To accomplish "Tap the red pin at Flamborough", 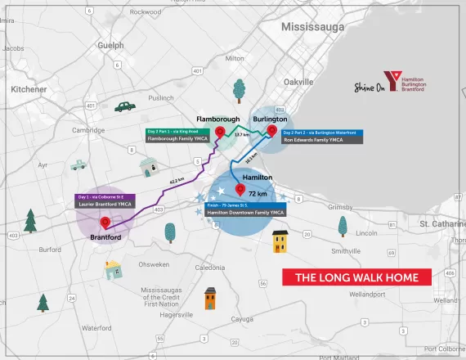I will click(218, 133).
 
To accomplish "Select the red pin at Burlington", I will click(271, 129).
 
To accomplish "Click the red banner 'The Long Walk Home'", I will click(356, 278).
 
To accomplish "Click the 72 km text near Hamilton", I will click(257, 194).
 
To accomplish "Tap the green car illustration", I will click(124, 106).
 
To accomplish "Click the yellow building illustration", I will click(280, 242).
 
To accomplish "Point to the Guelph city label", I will click(110, 47).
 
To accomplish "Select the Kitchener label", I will click(29, 88).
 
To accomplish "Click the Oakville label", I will click(298, 83).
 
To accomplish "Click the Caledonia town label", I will click(209, 268).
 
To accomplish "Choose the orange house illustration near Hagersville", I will click(210, 298).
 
